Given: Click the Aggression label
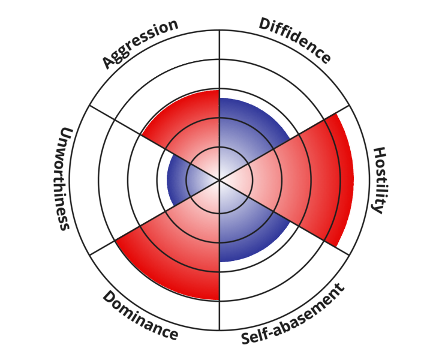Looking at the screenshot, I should tap(140, 44).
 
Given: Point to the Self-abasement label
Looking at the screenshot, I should tap(293, 314).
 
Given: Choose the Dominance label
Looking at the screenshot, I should tap(140, 316).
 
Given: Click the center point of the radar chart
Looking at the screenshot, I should tap(220, 179).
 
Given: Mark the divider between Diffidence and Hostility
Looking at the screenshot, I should tap(324, 119).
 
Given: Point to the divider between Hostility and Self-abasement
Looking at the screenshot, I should tap(324, 240).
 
